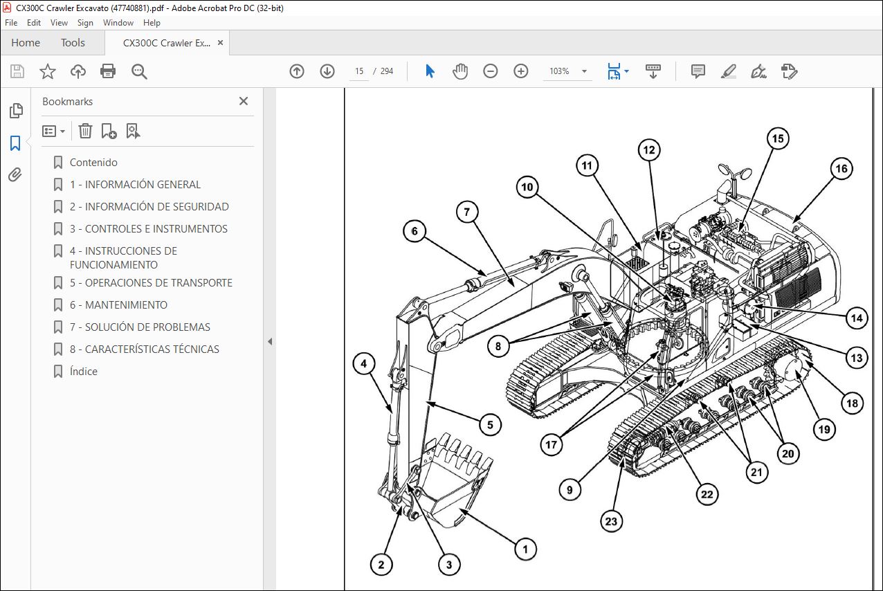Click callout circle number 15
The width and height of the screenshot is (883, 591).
point(778,138)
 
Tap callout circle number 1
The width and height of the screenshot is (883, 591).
point(525,549)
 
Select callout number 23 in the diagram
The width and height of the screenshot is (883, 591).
point(611,522)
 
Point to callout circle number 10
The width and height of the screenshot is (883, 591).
point(527,187)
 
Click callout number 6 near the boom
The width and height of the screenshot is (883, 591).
point(415,231)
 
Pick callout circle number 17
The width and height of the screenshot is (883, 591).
point(551,445)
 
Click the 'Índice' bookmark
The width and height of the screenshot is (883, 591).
point(83,371)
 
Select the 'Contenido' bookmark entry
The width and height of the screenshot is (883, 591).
point(93,163)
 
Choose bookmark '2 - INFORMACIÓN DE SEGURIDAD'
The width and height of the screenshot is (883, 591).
point(149,207)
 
